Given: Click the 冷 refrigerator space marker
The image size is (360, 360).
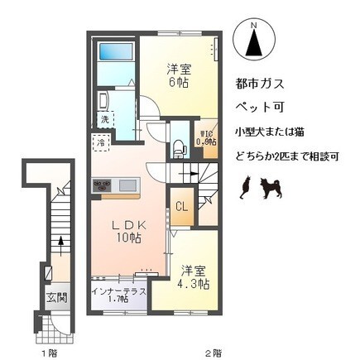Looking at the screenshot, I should click(x=98, y=142).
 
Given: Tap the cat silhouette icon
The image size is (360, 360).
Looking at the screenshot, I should click(x=245, y=190).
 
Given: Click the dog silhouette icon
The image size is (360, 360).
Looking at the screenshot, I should click(x=270, y=190).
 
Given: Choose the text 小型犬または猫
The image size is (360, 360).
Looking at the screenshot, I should click(x=274, y=132).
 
